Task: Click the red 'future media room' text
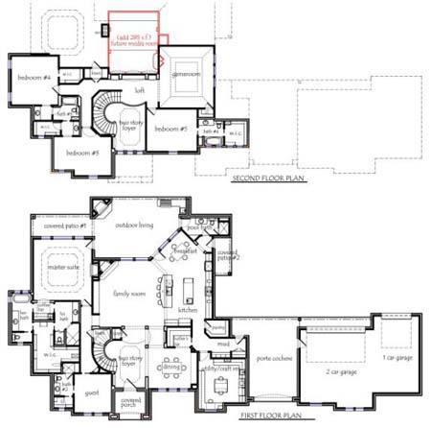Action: point(134,43)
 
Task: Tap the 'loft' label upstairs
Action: point(140,90)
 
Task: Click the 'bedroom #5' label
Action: point(84,152)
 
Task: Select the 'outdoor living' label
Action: point(135,225)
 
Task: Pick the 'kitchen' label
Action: point(187,312)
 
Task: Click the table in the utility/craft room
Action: point(222,386)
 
